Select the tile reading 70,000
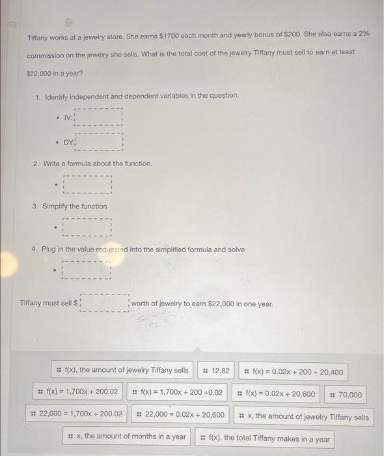[344, 395]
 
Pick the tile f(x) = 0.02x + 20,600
[275, 394]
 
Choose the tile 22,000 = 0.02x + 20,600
[180, 415]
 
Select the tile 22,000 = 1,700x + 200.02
[76, 414]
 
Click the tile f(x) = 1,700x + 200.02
[78, 393]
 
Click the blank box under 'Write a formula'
[88, 185]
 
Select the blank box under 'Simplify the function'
[88, 227]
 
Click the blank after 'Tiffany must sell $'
[105, 304]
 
